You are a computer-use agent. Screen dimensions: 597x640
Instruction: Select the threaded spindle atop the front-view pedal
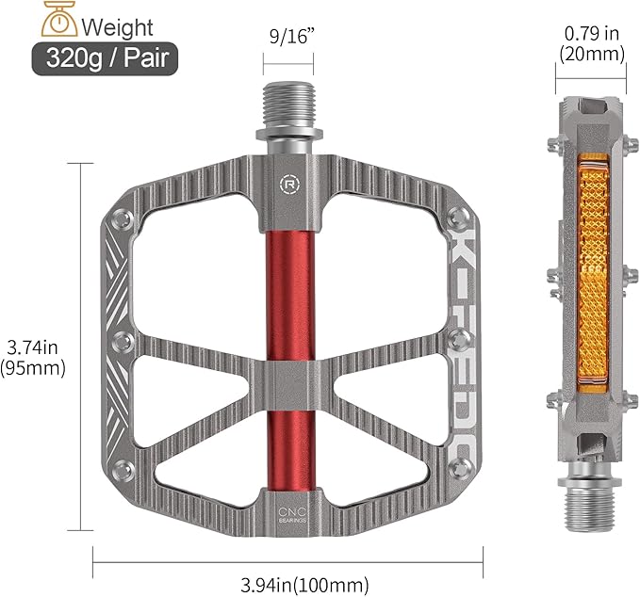(286, 109)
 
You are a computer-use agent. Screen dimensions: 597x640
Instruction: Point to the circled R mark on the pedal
(287, 183)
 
